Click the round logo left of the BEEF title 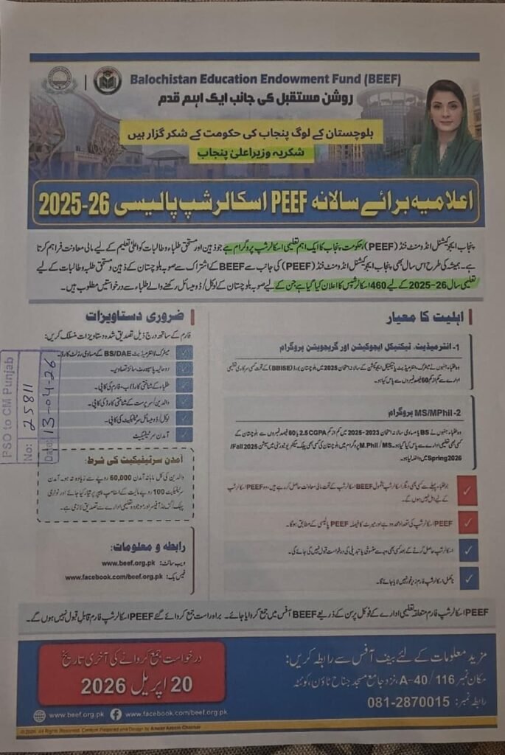point(108,80)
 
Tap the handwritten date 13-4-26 point(49,410)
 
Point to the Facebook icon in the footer point(116,714)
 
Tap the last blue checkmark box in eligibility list point(468,577)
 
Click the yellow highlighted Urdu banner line point(252,132)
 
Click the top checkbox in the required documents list point(185,352)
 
